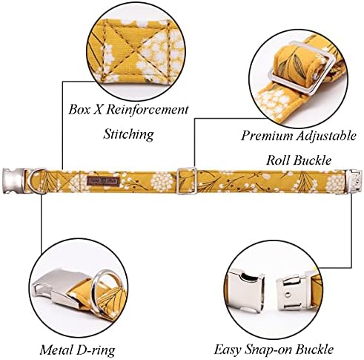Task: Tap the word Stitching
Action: (128, 134)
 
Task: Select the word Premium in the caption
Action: (266, 136)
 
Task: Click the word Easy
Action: (228, 350)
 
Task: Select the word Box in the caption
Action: (79, 109)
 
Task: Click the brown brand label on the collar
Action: (103, 180)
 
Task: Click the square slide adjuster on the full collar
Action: (187, 181)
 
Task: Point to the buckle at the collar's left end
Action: (13, 180)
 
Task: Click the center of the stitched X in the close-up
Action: (133, 52)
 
